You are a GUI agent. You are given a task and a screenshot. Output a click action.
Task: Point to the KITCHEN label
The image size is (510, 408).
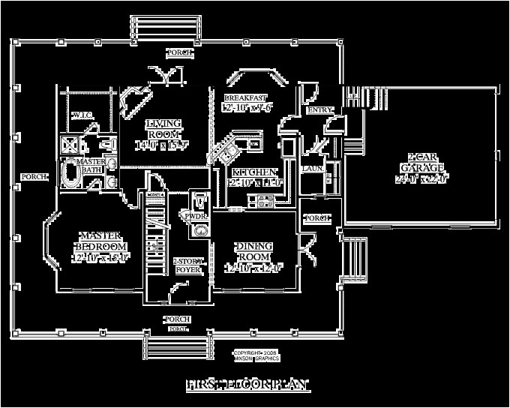click(x=254, y=173)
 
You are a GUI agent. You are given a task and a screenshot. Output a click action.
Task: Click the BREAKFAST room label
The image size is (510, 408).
click(x=244, y=98)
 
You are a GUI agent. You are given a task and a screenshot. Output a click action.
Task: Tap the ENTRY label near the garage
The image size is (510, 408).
click(x=318, y=111)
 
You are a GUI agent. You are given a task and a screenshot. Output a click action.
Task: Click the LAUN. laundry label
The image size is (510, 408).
click(x=312, y=169)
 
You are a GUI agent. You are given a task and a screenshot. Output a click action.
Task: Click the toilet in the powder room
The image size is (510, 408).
click(x=200, y=199)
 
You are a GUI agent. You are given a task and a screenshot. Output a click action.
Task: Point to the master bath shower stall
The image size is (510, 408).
click(x=70, y=144)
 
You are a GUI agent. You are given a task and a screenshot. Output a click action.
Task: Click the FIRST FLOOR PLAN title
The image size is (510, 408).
click(x=247, y=384)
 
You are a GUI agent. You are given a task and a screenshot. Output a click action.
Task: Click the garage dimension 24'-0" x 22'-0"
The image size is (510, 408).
click(x=421, y=179)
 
